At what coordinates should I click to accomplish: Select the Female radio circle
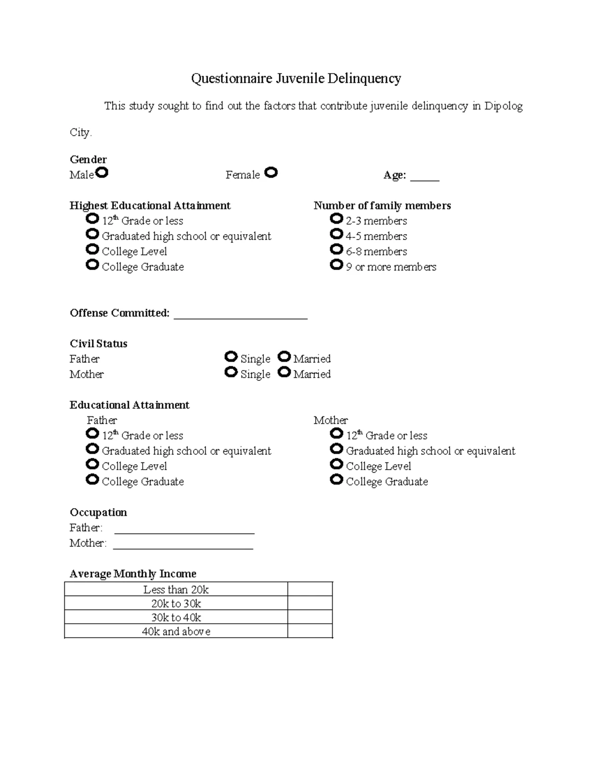(x=271, y=172)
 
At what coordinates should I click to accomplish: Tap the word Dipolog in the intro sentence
(x=503, y=106)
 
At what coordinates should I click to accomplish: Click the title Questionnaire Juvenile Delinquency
(x=296, y=78)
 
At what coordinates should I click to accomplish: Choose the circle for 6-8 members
(x=337, y=249)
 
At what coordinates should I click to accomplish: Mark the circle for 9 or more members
(x=337, y=265)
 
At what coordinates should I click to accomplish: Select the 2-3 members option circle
(x=337, y=218)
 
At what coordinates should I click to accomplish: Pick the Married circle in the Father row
(x=284, y=357)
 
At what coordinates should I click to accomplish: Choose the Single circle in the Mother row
(x=231, y=372)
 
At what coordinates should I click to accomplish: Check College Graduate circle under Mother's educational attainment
(x=337, y=479)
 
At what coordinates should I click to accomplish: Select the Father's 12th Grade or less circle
(x=92, y=433)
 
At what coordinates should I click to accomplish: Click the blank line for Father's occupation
(x=184, y=530)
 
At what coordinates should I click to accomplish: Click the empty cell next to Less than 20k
(x=310, y=589)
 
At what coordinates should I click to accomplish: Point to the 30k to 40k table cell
(x=176, y=617)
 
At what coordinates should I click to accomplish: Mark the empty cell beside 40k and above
(x=310, y=631)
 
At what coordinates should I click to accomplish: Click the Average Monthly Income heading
(x=133, y=573)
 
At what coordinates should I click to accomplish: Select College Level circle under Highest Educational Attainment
(x=92, y=249)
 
